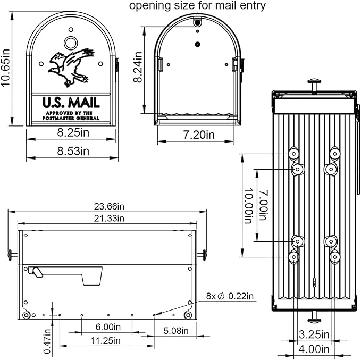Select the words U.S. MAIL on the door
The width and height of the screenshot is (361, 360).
(71, 102)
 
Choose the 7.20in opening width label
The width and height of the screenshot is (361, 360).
(196, 136)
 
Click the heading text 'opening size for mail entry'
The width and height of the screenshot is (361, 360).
(197, 6)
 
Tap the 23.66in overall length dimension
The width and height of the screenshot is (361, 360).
(106, 206)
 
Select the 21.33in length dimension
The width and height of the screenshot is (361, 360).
(106, 218)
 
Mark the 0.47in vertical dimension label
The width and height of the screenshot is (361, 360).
(47, 340)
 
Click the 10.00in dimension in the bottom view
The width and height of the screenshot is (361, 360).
(248, 205)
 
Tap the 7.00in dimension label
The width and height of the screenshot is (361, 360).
(262, 205)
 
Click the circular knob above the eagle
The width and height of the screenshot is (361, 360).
(70, 43)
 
